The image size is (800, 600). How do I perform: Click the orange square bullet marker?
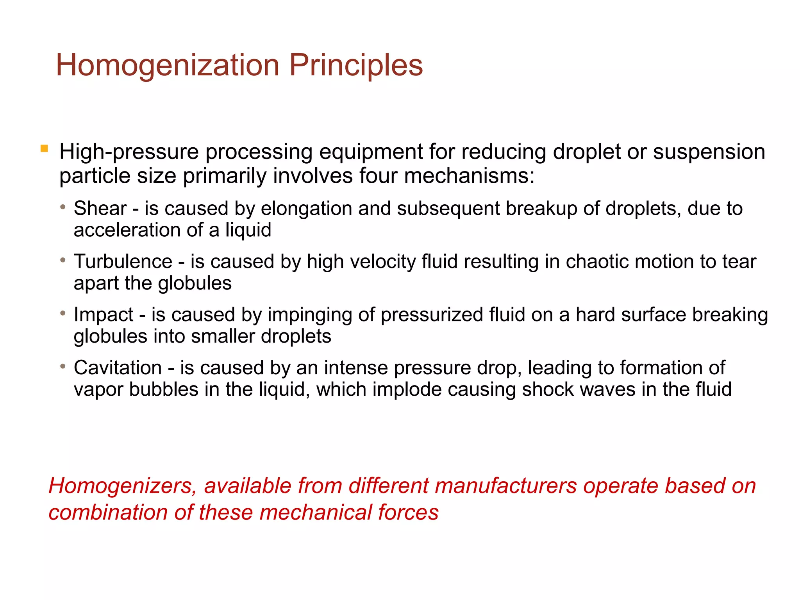pyautogui.click(x=44, y=149)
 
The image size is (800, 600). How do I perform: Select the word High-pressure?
pyautogui.click(x=129, y=152)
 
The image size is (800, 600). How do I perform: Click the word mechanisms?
pyautogui.click(x=469, y=176)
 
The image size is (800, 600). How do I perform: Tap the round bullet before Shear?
pyautogui.click(x=63, y=207)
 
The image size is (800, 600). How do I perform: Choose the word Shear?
pyautogui.click(x=100, y=208)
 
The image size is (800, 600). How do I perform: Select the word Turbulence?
pyautogui.click(x=123, y=261)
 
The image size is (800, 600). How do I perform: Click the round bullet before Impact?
pyautogui.click(x=63, y=313)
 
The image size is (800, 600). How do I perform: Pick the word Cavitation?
pyautogui.click(x=118, y=368)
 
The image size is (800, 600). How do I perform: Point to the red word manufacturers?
pyautogui.click(x=505, y=486)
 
